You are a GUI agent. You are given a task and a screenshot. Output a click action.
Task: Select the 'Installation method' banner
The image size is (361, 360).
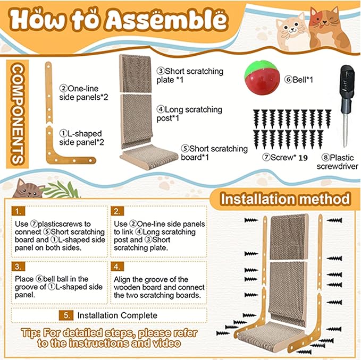coord(286,199)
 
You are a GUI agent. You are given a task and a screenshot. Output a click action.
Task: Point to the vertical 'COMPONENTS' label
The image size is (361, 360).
coord(16,114)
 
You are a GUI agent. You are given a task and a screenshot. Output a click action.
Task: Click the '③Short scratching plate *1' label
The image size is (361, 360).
coord(189,75)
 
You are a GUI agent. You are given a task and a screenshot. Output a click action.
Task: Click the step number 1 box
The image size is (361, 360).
coord(19,211)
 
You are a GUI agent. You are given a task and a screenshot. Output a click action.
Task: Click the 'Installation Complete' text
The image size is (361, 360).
coord(117,315)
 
